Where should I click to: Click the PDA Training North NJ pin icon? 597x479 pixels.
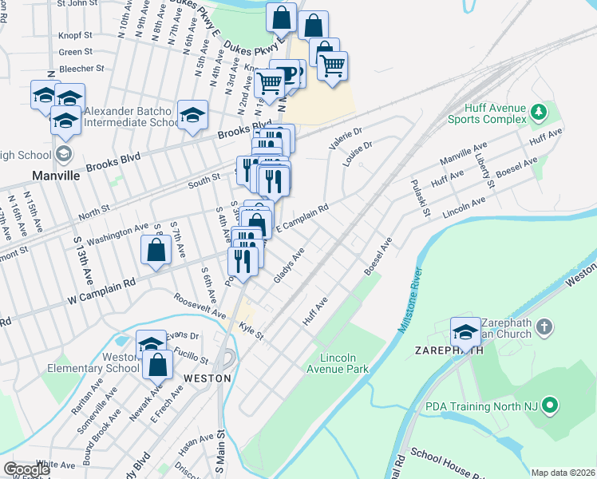coord(549,407)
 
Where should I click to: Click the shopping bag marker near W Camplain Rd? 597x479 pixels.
coord(156,251)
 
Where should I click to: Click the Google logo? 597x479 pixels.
coord(27,469)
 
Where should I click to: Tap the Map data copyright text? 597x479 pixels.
coord(563,473)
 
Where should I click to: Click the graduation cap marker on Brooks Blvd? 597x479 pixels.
coord(192,117)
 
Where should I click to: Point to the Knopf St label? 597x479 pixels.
coord(77,35)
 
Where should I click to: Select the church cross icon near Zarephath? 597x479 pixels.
coord(544,326)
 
